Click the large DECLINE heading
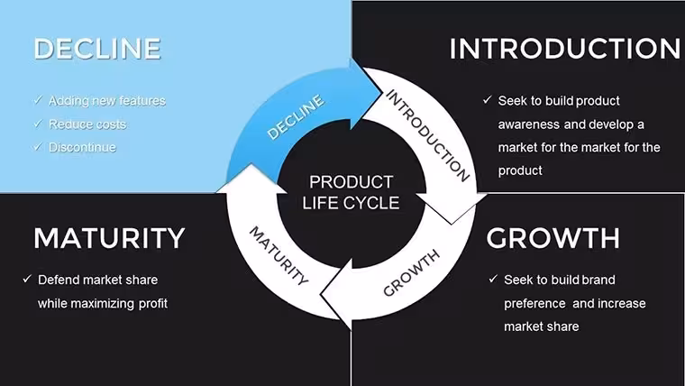[x=97, y=49]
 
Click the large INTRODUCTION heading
[x=565, y=49]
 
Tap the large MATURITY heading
[x=109, y=238]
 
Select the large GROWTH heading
[x=553, y=238]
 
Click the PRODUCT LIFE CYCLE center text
[x=351, y=192]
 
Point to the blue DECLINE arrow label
[x=296, y=117]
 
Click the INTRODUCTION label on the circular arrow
[x=427, y=135]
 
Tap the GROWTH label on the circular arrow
[x=411, y=273]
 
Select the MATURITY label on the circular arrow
[x=279, y=256]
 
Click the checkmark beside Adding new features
[x=38, y=100]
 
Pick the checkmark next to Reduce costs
[x=38, y=124]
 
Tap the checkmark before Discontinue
[x=38, y=147]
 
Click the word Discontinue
[x=82, y=147]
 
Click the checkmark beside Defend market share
[x=27, y=279]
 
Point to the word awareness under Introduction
[x=529, y=124]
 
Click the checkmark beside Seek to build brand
[x=493, y=279]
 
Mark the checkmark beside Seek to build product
[x=488, y=100]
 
